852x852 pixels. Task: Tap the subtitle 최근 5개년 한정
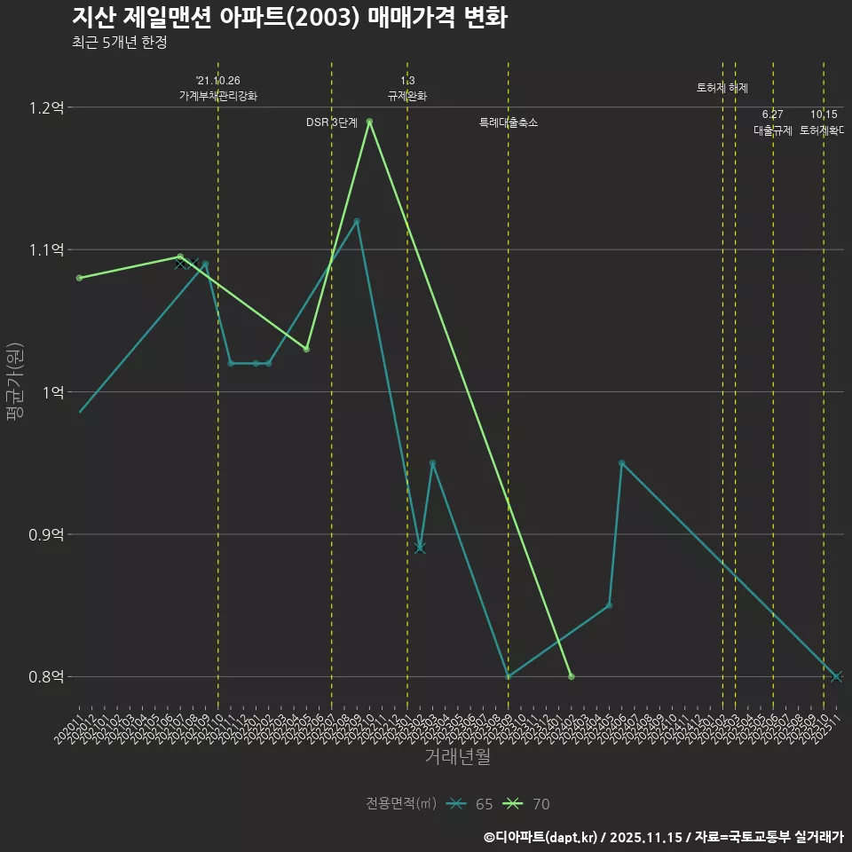(119, 42)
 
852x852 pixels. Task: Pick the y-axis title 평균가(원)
(15, 382)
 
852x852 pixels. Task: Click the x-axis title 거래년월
(457, 757)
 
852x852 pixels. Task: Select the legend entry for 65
(471, 804)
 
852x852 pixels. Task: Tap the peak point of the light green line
(369, 122)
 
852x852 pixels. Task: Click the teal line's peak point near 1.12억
(357, 221)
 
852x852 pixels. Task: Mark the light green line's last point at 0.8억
(572, 676)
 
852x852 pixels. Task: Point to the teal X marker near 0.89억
(420, 548)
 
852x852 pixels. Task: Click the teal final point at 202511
(836, 676)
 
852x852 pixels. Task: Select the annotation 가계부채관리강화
(218, 96)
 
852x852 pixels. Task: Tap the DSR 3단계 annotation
(332, 122)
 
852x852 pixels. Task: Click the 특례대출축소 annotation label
(509, 122)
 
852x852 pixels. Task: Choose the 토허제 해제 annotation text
(722, 88)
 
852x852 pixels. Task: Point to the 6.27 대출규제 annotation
(773, 122)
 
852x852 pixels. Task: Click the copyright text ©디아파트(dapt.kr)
(542, 837)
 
